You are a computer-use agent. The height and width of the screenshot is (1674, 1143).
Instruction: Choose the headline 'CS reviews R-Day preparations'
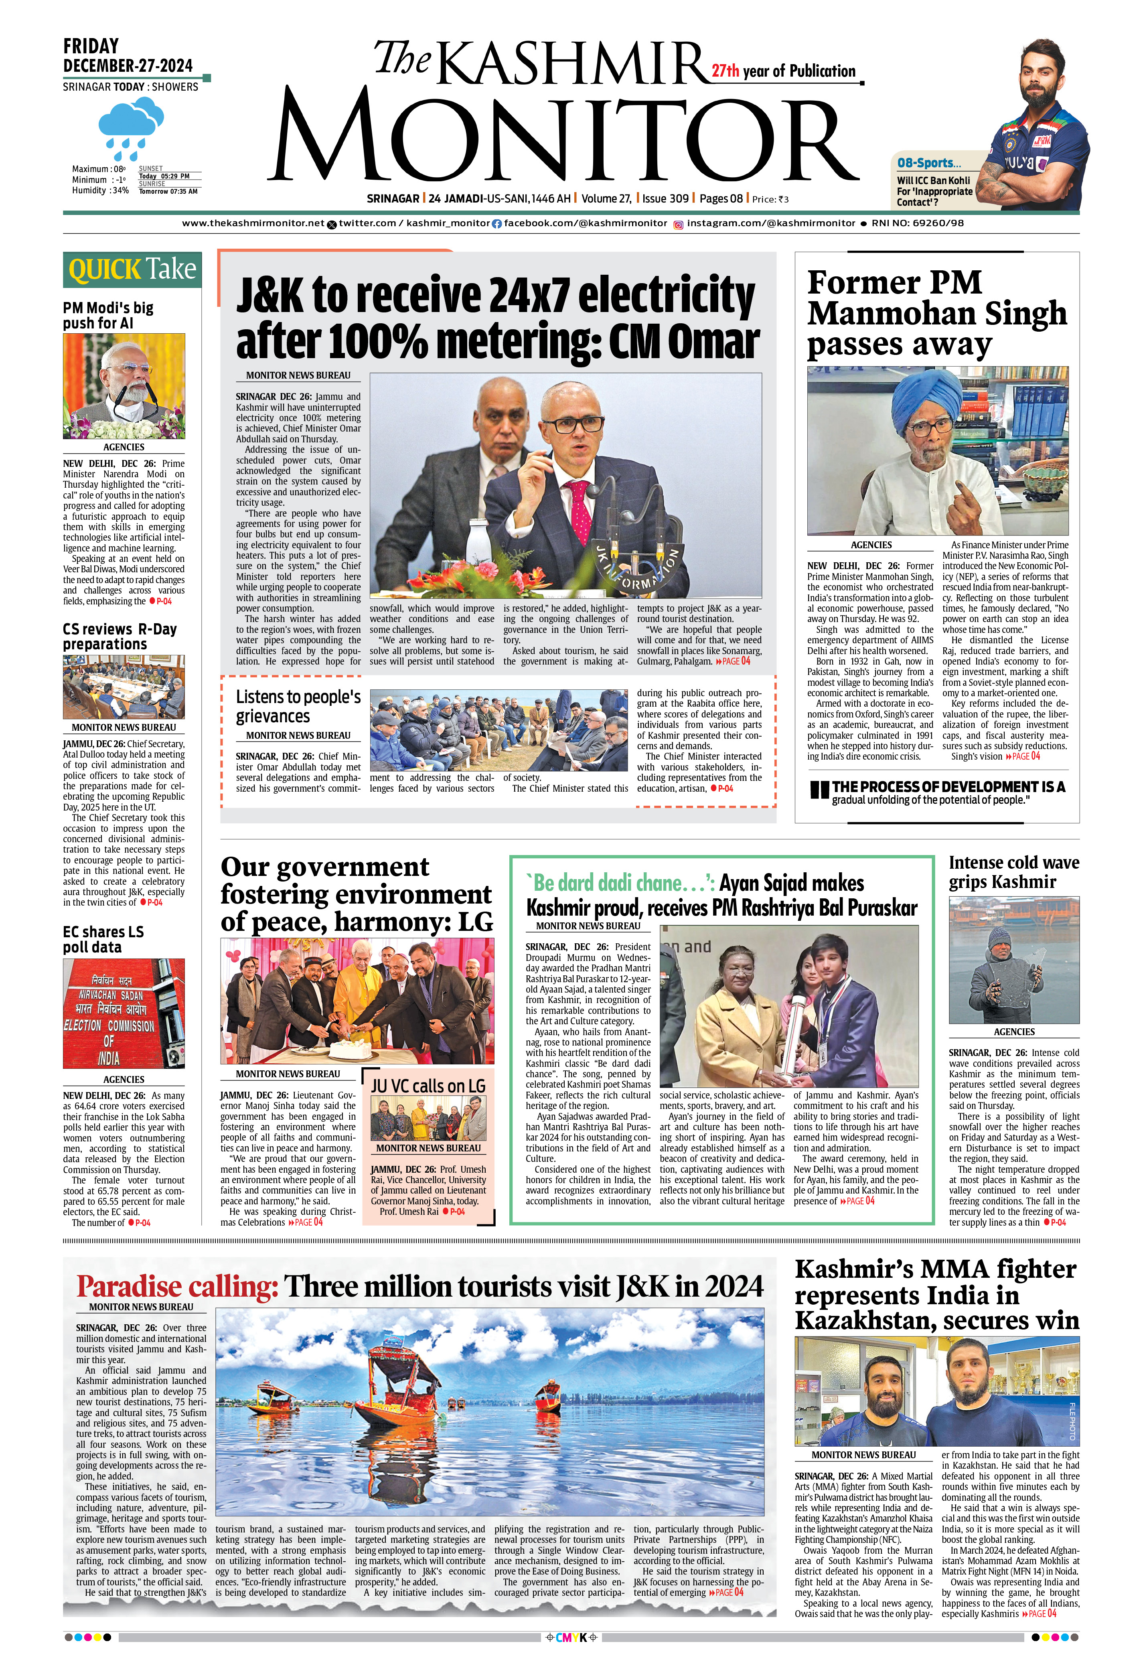pos(120,637)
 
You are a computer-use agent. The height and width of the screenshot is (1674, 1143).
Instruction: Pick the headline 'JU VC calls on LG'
pos(429,1086)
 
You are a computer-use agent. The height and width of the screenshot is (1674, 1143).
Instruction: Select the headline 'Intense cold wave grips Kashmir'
pos(1013,872)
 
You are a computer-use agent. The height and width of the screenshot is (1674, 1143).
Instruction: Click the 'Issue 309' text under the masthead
pos(665,199)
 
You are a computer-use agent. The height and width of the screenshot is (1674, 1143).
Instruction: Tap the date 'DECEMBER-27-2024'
pos(128,65)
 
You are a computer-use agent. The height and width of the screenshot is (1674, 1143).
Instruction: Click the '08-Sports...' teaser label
pos(929,163)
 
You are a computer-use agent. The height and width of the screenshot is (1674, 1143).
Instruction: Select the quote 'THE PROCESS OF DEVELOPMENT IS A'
pos(948,786)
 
